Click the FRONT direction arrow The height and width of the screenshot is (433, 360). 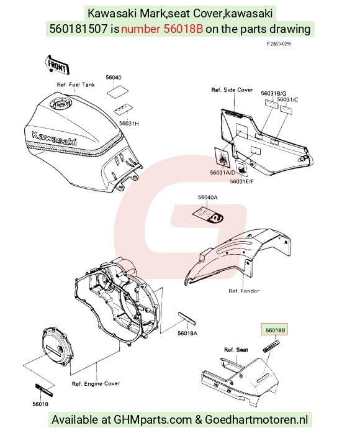pos(57,65)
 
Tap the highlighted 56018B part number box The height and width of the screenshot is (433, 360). pos(274,329)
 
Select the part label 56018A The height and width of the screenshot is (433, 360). pos(187,334)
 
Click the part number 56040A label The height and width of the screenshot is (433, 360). pos(207,197)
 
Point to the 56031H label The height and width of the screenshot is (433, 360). pos(129,124)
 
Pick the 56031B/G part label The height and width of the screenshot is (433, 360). pos(274,93)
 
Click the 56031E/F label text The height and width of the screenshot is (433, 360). pos(241,181)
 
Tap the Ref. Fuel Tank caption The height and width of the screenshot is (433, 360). pos(76,84)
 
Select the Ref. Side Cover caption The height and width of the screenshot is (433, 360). pos(232,89)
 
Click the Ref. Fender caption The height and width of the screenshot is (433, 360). pos(244,291)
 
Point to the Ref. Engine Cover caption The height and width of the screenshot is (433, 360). pos(96,383)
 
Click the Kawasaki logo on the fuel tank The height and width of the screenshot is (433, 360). pos(54,139)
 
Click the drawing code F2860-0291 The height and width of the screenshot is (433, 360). pos(279,44)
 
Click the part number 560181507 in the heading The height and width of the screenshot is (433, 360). pos(78,29)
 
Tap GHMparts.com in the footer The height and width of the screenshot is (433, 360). pos(153,420)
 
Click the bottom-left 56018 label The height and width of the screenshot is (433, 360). pos(40,404)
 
